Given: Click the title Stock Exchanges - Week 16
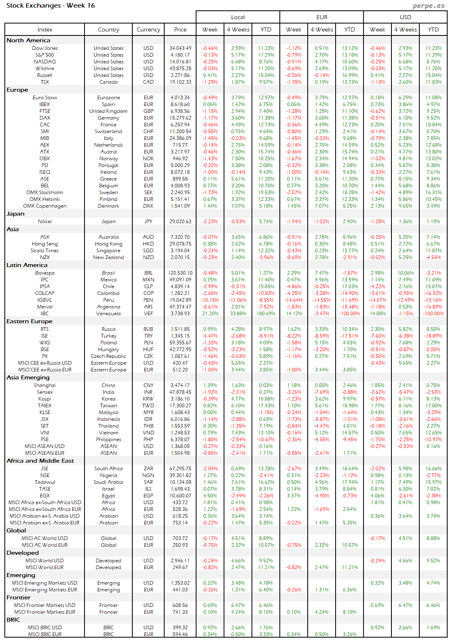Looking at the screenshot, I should click(51, 6).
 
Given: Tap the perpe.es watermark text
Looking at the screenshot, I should click(428, 6).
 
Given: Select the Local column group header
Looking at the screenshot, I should click(238, 17).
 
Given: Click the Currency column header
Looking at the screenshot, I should click(148, 29).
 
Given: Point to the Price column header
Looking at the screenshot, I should click(180, 29).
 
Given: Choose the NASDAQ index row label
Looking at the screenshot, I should click(45, 62).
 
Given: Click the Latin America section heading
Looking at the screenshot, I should click(27, 265).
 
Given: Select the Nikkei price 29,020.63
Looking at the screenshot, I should click(180, 222).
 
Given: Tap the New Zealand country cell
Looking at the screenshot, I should click(108, 257).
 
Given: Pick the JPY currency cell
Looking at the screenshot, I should click(148, 222).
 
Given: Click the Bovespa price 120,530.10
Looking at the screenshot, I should click(180, 273).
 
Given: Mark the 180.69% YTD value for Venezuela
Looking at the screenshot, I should click(266, 314).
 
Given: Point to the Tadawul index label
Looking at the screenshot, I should click(45, 482).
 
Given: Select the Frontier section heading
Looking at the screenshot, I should click(18, 597).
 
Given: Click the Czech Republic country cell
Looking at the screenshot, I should click(108, 356).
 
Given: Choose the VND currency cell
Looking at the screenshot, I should click(148, 433).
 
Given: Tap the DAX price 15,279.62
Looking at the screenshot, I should click(180, 118).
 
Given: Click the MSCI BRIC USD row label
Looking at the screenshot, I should click(45, 628).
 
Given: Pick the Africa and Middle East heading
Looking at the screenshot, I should click(40, 461).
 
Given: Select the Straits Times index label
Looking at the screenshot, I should click(45, 251).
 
